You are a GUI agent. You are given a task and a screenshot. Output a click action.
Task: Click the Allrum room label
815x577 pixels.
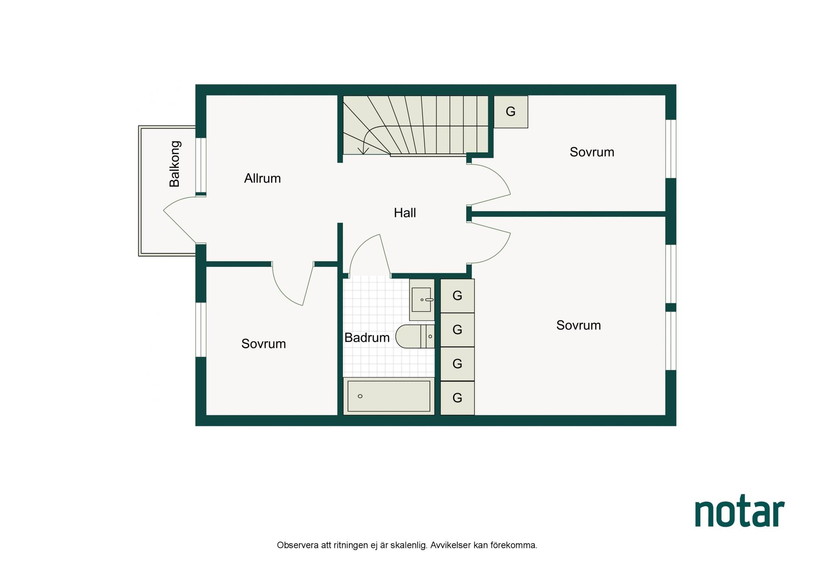(x=262, y=178)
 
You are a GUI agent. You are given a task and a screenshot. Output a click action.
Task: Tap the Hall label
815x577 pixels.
(x=405, y=213)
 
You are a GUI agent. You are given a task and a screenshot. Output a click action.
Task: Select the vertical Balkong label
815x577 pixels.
(x=174, y=164)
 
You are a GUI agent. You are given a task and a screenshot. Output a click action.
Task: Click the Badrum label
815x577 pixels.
(x=367, y=338)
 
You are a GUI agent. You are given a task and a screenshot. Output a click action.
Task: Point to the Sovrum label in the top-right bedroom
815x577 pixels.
(x=592, y=152)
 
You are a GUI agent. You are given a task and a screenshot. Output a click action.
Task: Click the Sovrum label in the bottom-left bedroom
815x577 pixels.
(x=263, y=343)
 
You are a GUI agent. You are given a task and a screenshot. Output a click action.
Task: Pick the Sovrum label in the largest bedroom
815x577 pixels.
(x=578, y=325)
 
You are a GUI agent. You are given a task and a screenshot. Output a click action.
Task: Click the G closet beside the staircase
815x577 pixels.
(x=511, y=112)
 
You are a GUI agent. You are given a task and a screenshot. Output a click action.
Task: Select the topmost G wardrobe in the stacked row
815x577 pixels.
(x=457, y=296)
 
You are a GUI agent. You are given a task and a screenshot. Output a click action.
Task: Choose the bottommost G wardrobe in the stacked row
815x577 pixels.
(x=457, y=398)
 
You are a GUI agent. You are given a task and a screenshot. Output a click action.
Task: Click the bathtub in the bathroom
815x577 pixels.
(x=389, y=396)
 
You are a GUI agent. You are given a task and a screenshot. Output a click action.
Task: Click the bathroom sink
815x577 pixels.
(x=422, y=300)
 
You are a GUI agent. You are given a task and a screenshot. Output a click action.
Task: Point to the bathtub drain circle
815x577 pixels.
(x=360, y=396)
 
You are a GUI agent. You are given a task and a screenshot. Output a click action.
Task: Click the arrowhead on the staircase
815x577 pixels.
(x=363, y=151)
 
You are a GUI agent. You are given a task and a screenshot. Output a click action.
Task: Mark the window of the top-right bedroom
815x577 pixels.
(x=671, y=149)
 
